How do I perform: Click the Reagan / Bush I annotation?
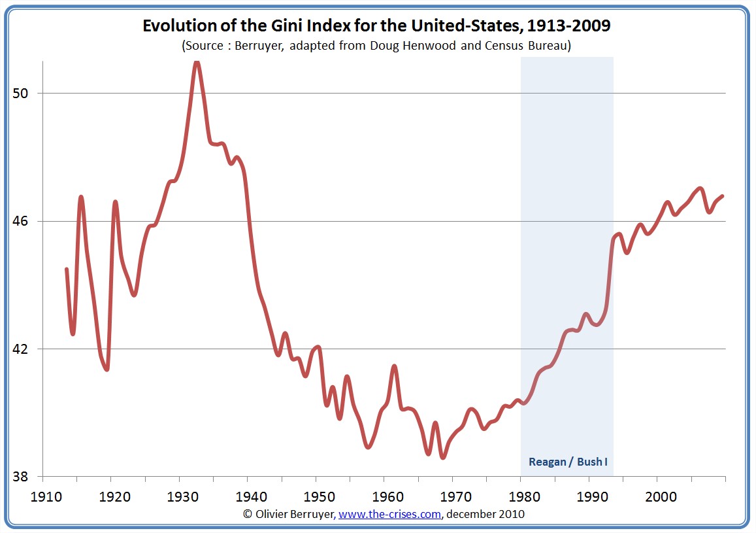pyautogui.click(x=568, y=462)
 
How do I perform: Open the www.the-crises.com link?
pyautogui.click(x=389, y=515)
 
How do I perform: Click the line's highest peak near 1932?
pyautogui.click(x=197, y=62)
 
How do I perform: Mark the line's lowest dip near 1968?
pyautogui.click(x=443, y=457)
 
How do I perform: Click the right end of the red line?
pyautogui.click(x=723, y=196)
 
